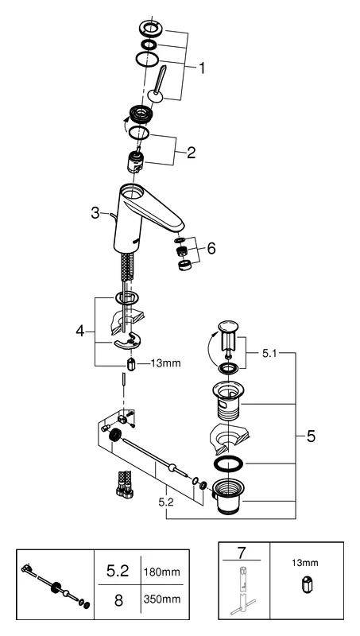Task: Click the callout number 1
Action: tap(202, 69)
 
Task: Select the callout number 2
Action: tap(191, 152)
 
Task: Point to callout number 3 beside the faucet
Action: tap(95, 213)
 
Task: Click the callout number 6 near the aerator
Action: tap(211, 249)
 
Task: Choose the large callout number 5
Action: tap(312, 436)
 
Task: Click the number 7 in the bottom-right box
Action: tap(244, 553)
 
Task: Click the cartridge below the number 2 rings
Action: tap(137, 165)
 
